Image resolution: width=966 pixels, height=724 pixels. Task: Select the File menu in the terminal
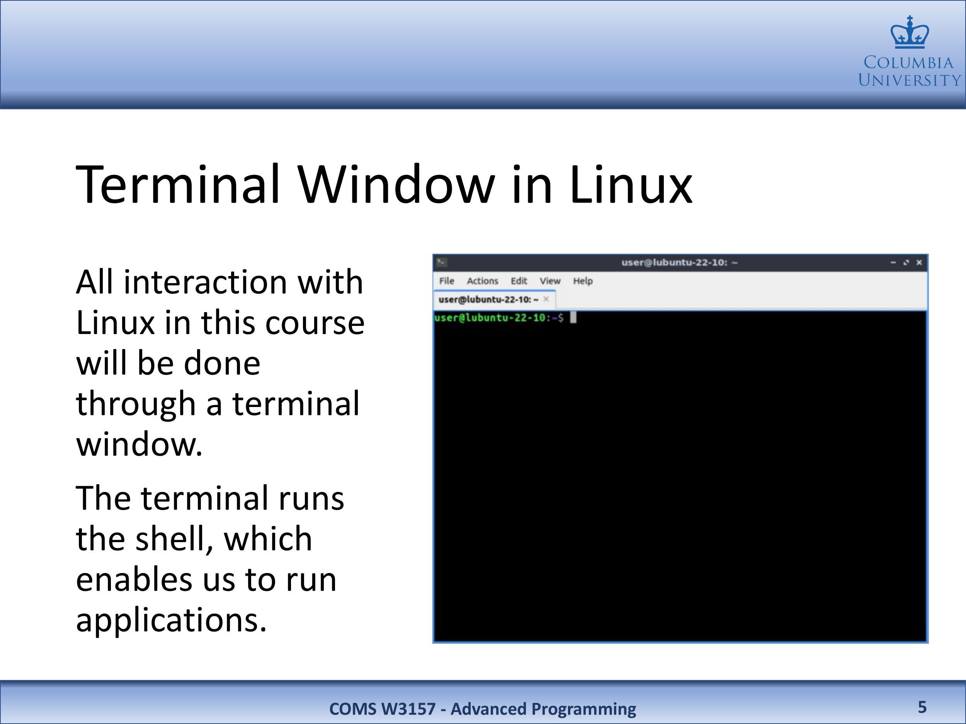click(446, 281)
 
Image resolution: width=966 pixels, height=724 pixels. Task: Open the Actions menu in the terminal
click(482, 281)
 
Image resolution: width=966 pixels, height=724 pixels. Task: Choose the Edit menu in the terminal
click(519, 281)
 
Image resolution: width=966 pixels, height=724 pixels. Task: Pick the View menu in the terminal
click(550, 281)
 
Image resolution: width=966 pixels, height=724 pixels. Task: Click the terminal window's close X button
click(919, 262)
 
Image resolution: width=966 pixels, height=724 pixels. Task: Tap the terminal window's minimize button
click(893, 263)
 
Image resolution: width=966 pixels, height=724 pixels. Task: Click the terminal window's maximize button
click(906, 262)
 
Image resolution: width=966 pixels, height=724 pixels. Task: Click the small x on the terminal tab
click(546, 299)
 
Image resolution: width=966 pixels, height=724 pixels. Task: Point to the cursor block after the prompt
click(573, 317)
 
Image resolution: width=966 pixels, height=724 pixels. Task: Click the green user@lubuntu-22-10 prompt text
click(490, 317)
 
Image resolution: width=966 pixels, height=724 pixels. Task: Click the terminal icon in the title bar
click(442, 262)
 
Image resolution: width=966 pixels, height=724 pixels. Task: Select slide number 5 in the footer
click(922, 707)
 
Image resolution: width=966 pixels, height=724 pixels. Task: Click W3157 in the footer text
click(408, 709)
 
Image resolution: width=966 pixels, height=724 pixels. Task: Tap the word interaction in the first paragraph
click(205, 282)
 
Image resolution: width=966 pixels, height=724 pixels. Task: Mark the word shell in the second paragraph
click(168, 539)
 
